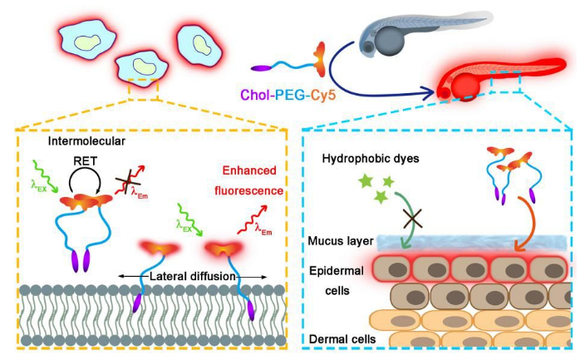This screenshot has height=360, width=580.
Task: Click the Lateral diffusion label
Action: pyautogui.click(x=193, y=276)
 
